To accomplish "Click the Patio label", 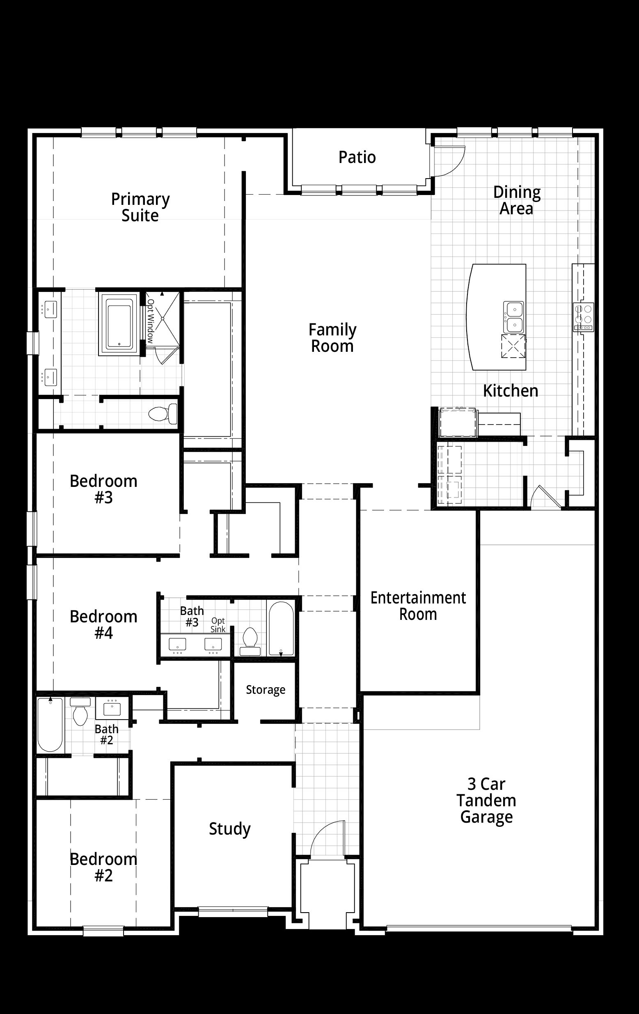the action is tap(357, 158).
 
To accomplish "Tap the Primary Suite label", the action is tap(140, 207).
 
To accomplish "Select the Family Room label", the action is tap(332, 338).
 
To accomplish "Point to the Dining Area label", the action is tap(517, 200).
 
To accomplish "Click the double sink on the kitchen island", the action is tap(513, 317).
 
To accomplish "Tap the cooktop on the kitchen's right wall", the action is tap(583, 317).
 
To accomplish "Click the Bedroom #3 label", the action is tap(103, 489).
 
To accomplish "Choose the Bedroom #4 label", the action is tap(103, 625).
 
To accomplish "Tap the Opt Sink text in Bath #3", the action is tap(218, 625).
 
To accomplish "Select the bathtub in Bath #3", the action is tap(281, 628).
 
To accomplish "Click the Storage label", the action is tap(266, 689).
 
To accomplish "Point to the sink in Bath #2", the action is tap(112, 708).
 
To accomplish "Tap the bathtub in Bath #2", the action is tap(50, 724).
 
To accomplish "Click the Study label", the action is tap(230, 829).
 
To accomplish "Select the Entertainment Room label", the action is tap(418, 606).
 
